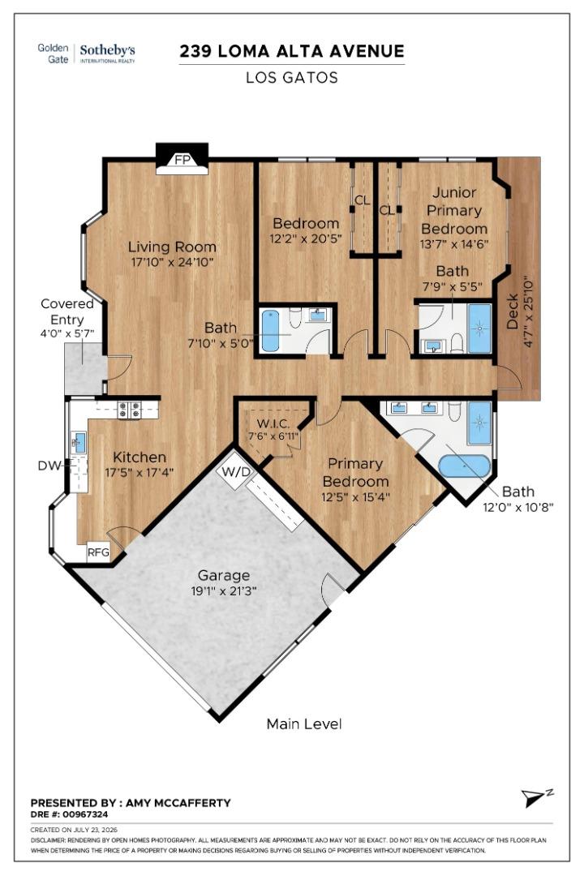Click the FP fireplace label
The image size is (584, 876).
(182, 160)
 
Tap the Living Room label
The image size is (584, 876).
(172, 247)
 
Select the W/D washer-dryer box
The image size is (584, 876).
(237, 471)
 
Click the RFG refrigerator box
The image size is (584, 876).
(98, 552)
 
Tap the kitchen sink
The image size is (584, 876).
(79, 443)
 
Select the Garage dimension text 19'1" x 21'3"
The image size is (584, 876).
(224, 590)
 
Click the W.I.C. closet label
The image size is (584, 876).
(273, 423)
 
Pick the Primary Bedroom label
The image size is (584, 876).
(355, 472)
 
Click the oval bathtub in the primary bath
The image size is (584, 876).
(465, 466)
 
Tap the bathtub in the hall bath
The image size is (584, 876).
(273, 331)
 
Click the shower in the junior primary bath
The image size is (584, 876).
(479, 328)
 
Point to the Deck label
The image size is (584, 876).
(513, 311)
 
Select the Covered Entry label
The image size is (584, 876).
(67, 311)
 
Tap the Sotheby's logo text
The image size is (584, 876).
(107, 50)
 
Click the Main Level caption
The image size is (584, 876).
(304, 724)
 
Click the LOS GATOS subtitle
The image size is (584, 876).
(292, 77)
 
